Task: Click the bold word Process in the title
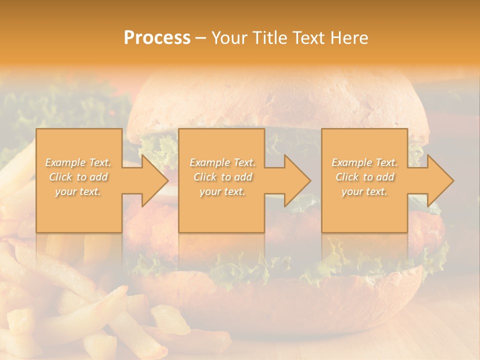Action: click(x=157, y=38)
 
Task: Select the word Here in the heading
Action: click(x=350, y=38)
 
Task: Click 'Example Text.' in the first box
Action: click(x=78, y=162)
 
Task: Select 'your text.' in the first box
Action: click(x=78, y=191)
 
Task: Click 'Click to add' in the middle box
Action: click(x=222, y=177)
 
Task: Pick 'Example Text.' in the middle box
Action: click(x=222, y=162)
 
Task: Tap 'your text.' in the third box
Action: click(x=364, y=191)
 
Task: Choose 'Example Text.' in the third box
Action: click(x=364, y=162)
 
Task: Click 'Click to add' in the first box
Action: click(x=78, y=177)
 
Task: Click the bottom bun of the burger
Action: click(x=280, y=300)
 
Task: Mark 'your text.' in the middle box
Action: click(x=222, y=191)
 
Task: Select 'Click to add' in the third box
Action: click(x=364, y=177)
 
